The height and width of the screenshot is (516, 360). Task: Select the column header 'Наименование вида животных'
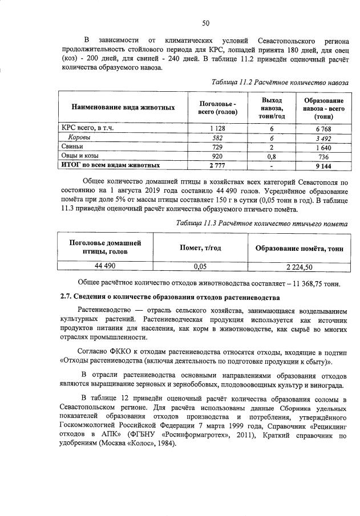(123, 107)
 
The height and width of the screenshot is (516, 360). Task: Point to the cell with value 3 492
(323, 137)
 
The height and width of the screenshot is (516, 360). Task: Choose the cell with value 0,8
(272, 156)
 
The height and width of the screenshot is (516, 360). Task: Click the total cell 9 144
(323, 165)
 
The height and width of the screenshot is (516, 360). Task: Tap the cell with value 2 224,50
(299, 266)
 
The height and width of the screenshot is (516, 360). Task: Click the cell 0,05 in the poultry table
(199, 266)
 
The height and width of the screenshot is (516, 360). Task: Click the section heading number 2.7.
(67, 297)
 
